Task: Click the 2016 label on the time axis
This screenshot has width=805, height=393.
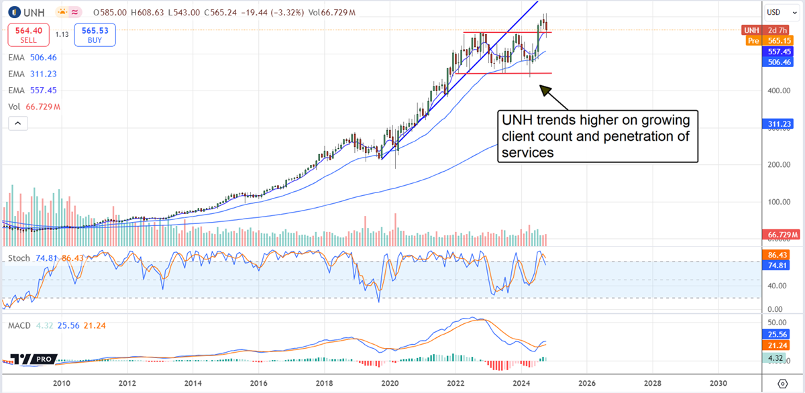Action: (x=258, y=384)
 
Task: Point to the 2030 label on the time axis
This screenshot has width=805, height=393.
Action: (x=718, y=384)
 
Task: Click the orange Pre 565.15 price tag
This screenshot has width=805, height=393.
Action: (x=773, y=41)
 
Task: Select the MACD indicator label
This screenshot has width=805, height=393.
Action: (x=21, y=325)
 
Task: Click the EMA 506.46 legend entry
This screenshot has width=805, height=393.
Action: (x=31, y=58)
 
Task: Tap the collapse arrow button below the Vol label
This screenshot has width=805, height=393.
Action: (x=17, y=123)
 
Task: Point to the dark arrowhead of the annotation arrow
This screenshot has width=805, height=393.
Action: (x=544, y=89)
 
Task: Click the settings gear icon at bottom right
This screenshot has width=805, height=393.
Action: (x=782, y=384)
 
